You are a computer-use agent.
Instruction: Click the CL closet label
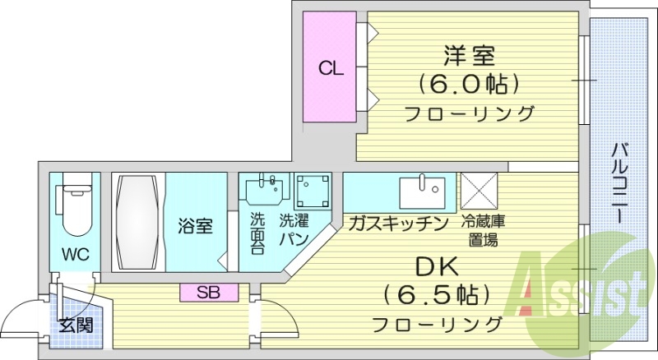coord(331,69)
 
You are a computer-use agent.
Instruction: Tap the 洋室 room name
coord(470,57)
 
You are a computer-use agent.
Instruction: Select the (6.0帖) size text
coord(470,84)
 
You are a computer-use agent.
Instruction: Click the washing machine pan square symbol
coord(313,192)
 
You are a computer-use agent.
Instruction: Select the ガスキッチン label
coord(397,223)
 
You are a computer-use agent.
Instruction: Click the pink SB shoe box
coord(209,291)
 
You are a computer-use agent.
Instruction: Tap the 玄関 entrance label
coord(74,325)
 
